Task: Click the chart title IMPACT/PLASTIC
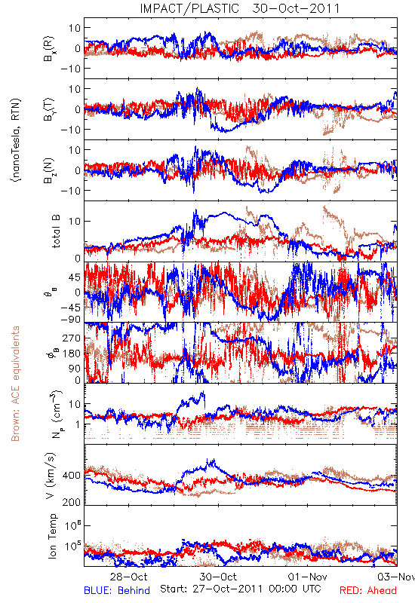189,8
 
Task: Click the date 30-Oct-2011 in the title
296,8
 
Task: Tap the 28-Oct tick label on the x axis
128,577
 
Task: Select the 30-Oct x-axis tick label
218,577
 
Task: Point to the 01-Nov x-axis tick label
308,577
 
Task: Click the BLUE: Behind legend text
117,590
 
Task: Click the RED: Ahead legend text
368,590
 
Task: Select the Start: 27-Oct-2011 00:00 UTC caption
241,589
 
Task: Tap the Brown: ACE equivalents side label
15,384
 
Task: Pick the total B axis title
56,231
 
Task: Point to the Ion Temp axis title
52,536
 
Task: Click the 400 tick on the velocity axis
72,476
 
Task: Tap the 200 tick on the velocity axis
72,502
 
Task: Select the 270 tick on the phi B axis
72,338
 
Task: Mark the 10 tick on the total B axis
75,222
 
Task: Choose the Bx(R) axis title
49,48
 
